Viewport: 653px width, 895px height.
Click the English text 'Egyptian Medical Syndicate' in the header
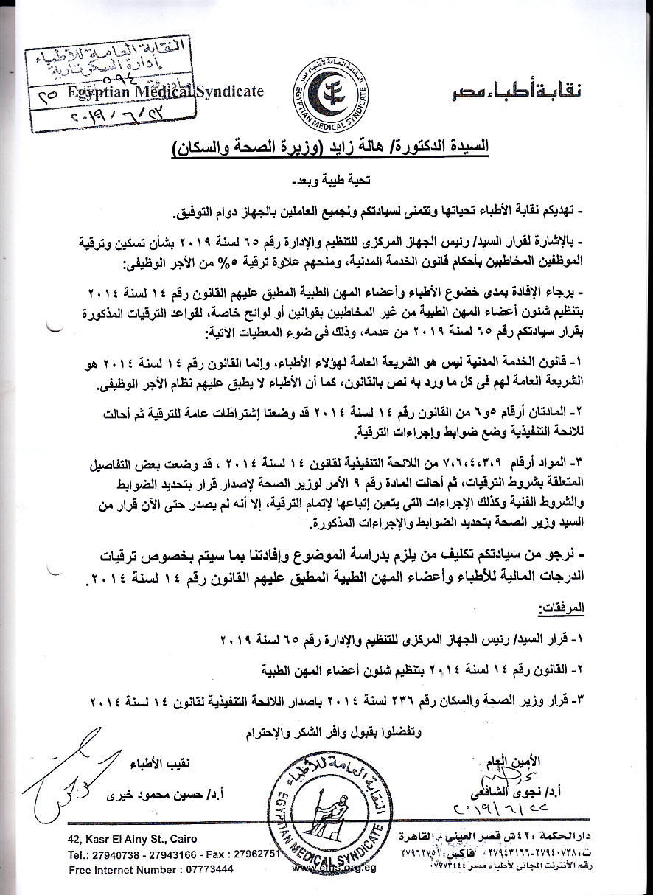(165, 91)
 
